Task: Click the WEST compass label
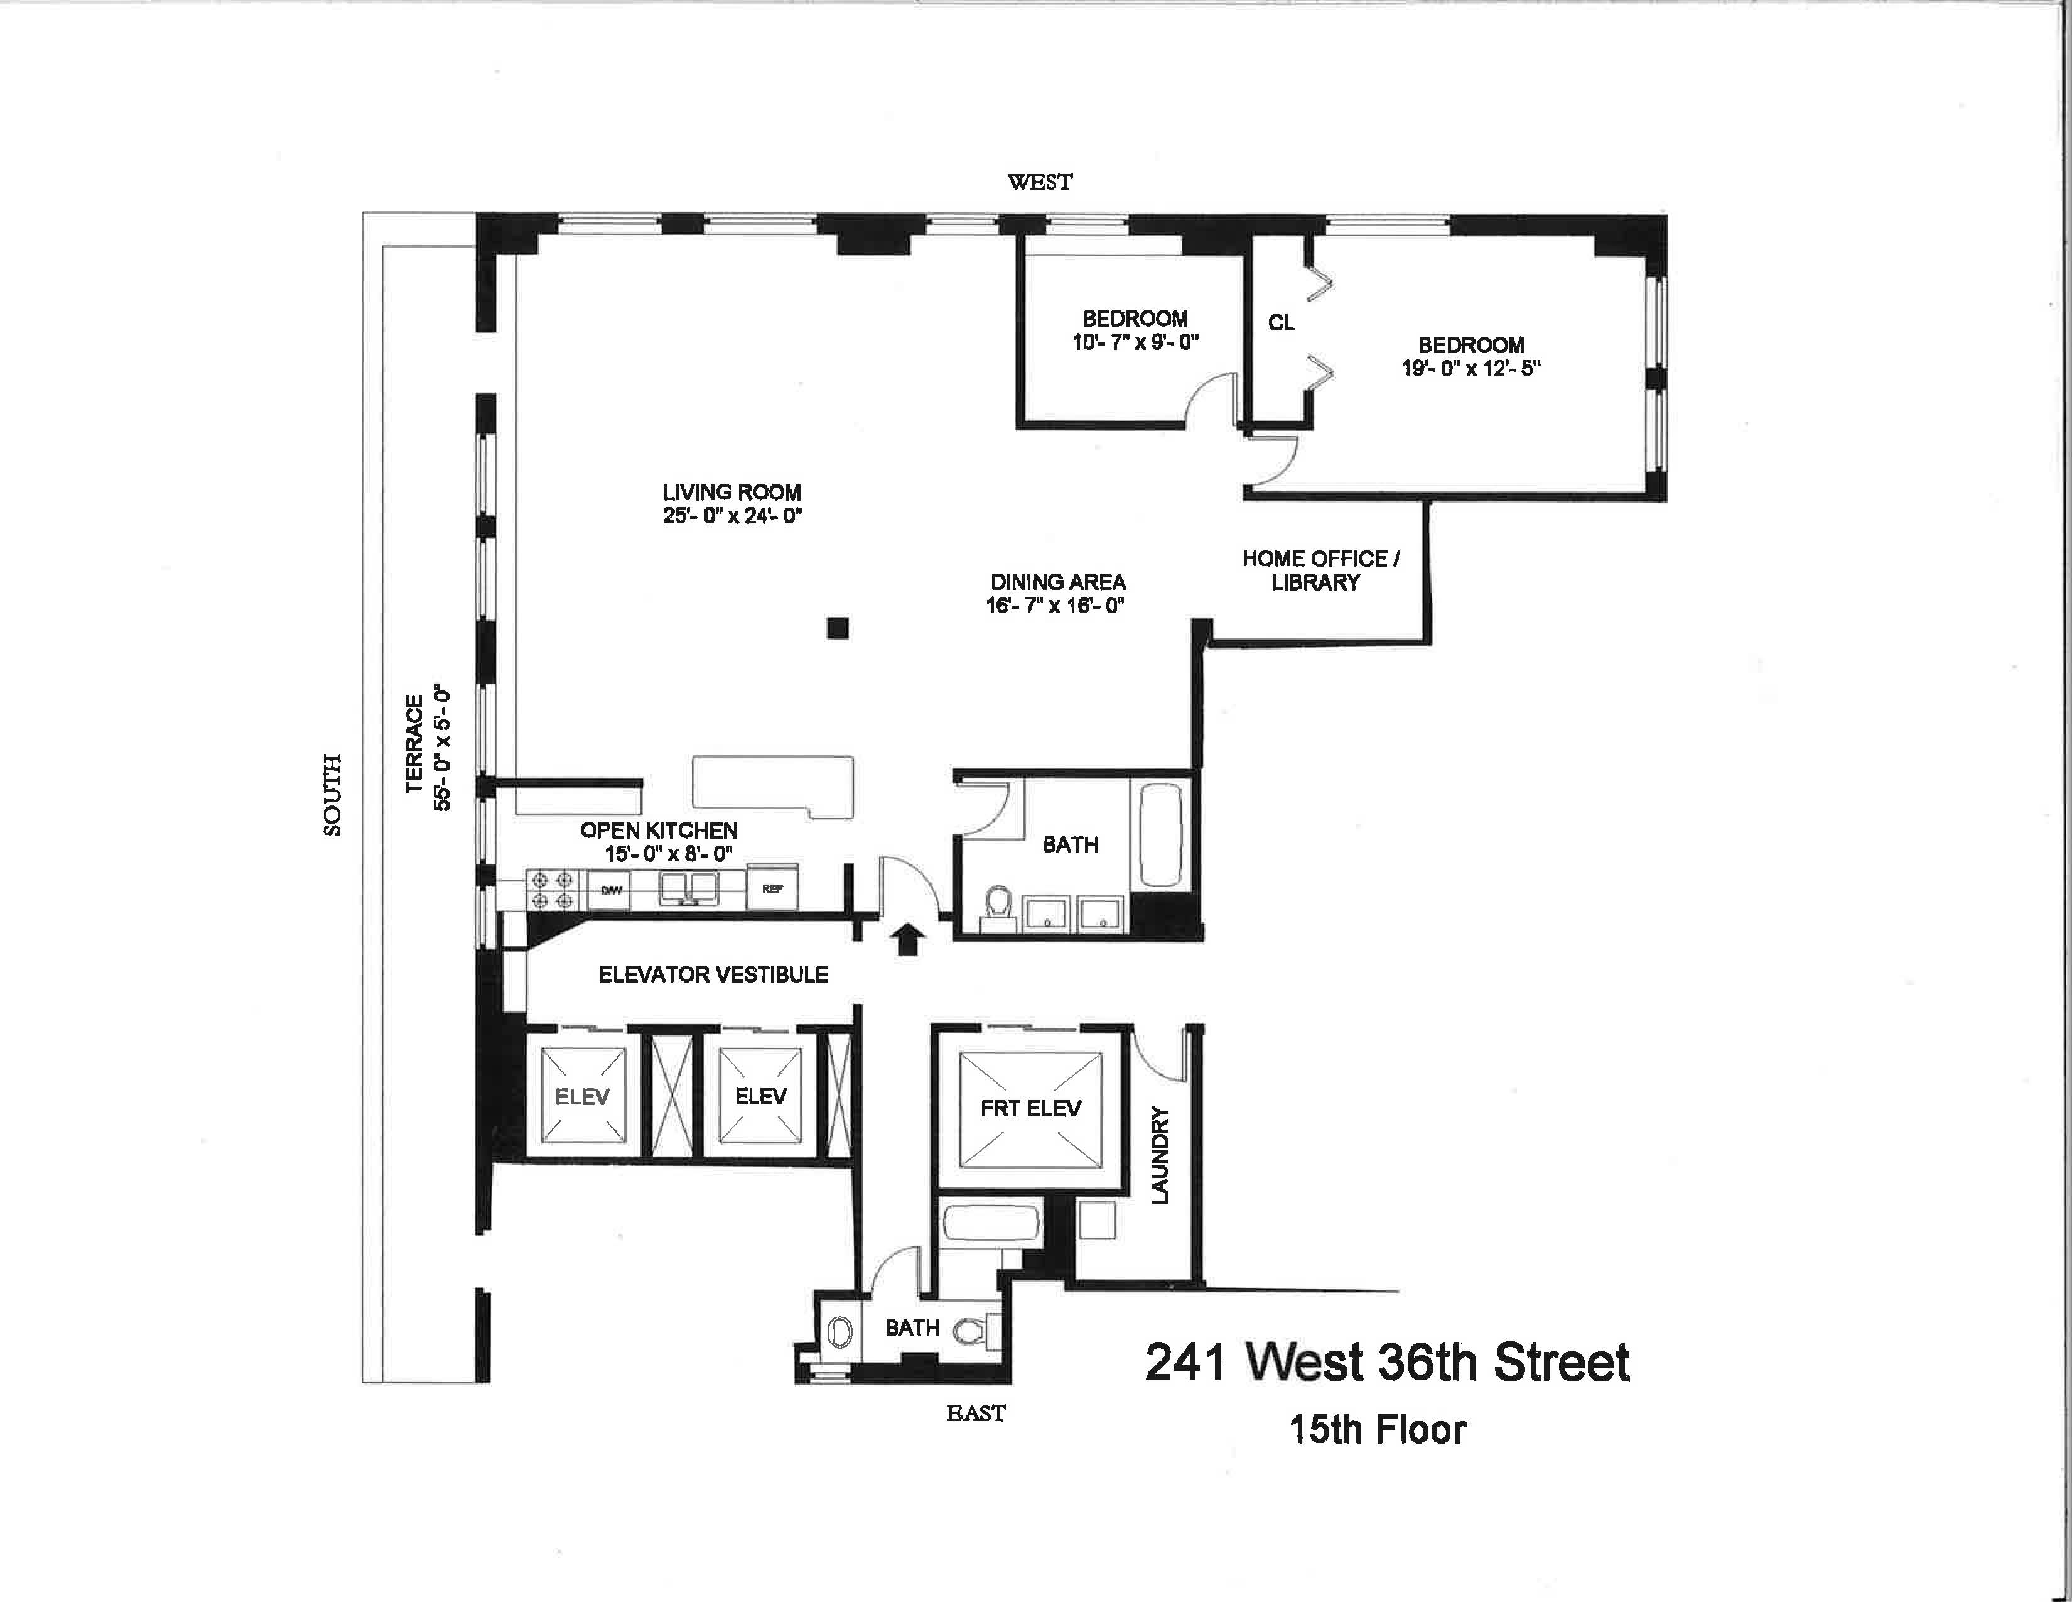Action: [x=1040, y=182]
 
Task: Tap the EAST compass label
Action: [x=975, y=1413]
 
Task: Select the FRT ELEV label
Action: [x=1030, y=1108]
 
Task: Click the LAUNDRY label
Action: [x=1159, y=1155]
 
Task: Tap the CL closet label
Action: [x=1281, y=324]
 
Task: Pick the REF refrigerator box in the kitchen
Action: [x=772, y=889]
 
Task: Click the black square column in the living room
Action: [x=837, y=628]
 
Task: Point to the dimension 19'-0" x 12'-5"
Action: [x=1470, y=369]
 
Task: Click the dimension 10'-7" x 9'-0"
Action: [x=1136, y=342]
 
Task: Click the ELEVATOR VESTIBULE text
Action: [x=713, y=974]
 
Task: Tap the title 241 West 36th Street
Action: [x=1387, y=1362]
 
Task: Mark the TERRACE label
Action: [x=414, y=743]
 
